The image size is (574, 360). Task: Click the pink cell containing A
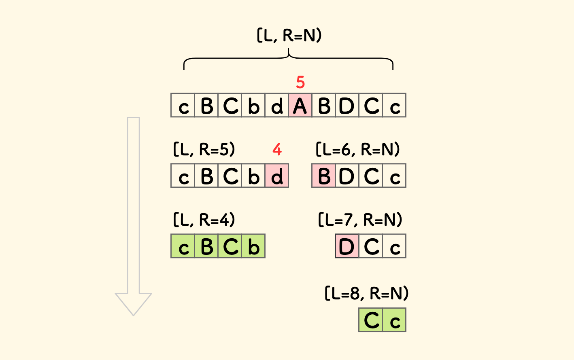coord(300,105)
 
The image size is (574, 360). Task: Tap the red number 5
coord(300,82)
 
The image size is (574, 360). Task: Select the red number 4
coord(277,150)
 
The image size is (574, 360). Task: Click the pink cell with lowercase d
coord(277,176)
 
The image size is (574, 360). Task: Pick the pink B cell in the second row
coord(323,176)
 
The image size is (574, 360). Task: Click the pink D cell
coord(347,246)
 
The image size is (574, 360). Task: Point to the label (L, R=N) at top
coord(289,36)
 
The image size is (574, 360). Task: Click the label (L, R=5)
coord(204,150)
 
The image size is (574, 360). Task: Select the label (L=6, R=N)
coord(357,150)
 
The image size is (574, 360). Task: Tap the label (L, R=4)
coord(204,220)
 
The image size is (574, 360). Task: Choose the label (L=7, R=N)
coord(360,220)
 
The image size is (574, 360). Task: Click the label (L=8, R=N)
coord(367,293)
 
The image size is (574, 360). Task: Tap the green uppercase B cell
coord(206,246)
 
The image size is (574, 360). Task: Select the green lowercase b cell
coord(253,246)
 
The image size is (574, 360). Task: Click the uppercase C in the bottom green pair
coord(371,320)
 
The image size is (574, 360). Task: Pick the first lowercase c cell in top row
coord(183,105)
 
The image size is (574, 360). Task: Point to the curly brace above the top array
coord(288,59)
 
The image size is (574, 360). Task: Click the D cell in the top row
coord(347,105)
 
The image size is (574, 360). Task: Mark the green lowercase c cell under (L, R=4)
coord(183,246)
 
